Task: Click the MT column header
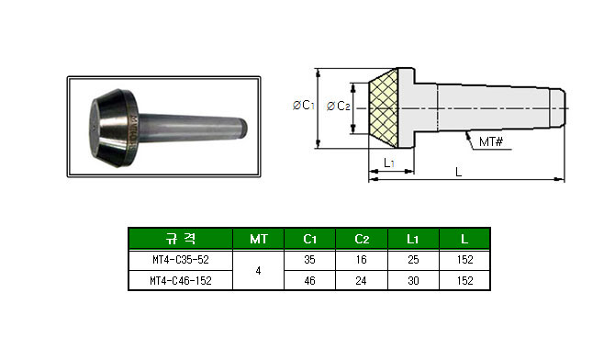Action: (259, 239)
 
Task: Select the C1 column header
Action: (310, 239)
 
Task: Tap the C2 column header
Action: (362, 239)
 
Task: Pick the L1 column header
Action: (413, 239)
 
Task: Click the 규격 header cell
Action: (181, 239)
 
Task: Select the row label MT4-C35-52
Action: (181, 260)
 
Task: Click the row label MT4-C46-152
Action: (181, 281)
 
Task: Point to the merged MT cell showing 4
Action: (258, 271)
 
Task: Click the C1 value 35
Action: (310, 260)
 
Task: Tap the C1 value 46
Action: (310, 281)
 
